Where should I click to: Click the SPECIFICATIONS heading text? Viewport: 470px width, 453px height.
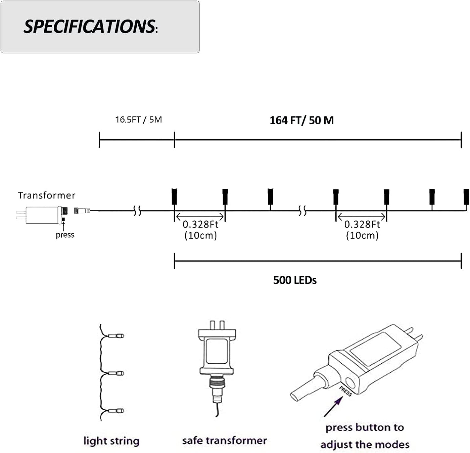[90, 27]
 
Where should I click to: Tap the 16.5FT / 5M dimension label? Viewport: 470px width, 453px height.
[138, 120]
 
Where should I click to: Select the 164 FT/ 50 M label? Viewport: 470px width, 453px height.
[301, 120]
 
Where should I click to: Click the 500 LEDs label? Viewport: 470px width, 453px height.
[295, 280]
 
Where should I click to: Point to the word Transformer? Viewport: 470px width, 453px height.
[46, 195]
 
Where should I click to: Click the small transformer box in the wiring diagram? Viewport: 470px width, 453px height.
[42, 215]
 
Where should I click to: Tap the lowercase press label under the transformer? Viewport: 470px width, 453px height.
[65, 235]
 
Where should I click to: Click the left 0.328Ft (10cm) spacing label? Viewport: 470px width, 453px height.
[200, 230]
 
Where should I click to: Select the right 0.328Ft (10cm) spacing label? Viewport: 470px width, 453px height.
[362, 230]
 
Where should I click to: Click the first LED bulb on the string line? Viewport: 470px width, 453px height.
[174, 196]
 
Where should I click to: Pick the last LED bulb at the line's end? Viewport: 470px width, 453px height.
[466, 197]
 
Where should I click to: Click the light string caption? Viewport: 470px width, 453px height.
[111, 441]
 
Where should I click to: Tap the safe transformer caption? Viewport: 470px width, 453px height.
[224, 440]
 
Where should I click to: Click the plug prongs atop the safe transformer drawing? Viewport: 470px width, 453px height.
[217, 325]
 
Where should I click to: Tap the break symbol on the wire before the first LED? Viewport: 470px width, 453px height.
[137, 211]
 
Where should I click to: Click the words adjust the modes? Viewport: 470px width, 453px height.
[365, 445]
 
